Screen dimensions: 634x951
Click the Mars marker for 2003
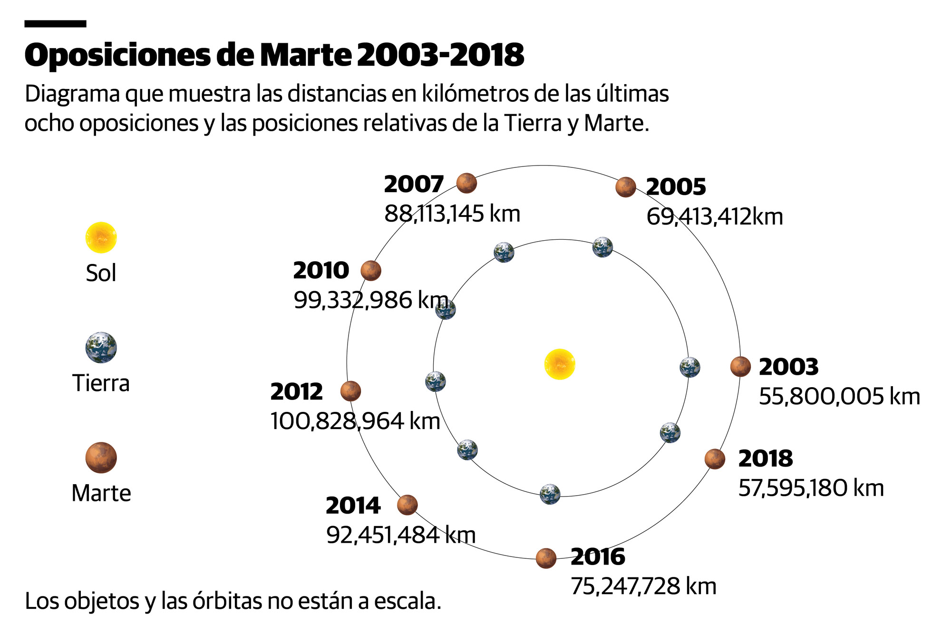coord(740,367)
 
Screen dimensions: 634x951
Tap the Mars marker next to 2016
coord(546,558)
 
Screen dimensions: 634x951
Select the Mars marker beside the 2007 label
coord(466,183)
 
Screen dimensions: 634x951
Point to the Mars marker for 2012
coord(351,391)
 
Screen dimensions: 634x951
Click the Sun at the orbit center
coord(560,364)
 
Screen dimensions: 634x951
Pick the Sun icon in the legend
coord(101,237)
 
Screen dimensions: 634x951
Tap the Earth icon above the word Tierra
coord(101,348)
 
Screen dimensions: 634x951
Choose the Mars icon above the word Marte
coord(101,458)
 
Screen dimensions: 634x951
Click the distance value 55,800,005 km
coord(839,397)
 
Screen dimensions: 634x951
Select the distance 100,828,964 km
coord(355,421)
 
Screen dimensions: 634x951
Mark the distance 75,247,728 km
coord(643,586)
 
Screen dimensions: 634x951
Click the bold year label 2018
coord(766,458)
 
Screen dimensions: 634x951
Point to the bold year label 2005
coord(676,187)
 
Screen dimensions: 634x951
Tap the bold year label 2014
coord(353,506)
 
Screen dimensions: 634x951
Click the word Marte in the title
coord(305,55)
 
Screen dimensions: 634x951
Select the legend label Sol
coord(101,273)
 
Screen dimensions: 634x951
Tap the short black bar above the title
coord(55,24)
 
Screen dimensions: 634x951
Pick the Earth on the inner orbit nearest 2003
coord(689,367)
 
